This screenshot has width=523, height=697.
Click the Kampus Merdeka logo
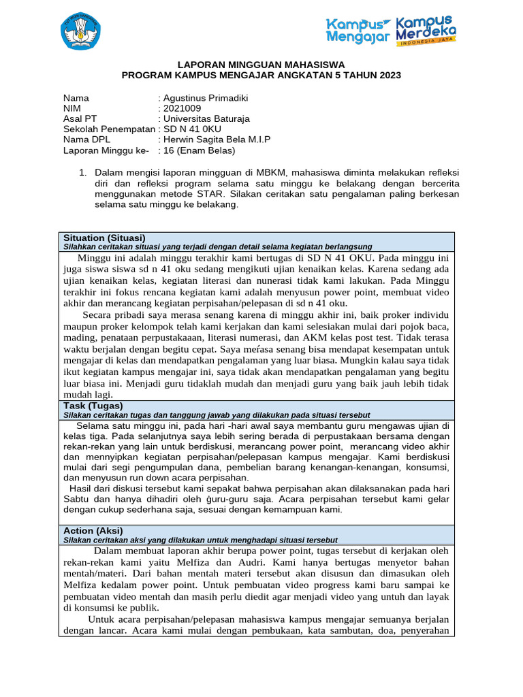(426, 29)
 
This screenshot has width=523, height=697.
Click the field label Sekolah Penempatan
(108, 129)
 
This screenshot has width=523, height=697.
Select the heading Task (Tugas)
(93, 406)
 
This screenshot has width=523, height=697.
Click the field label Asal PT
(80, 118)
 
